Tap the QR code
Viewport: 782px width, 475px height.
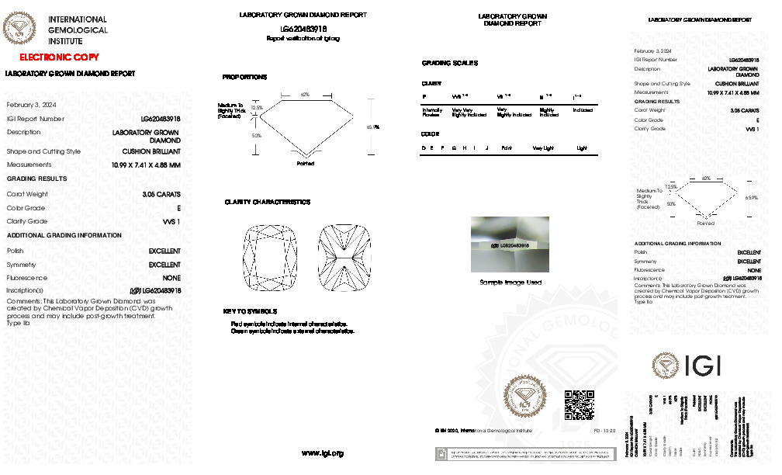click(578, 404)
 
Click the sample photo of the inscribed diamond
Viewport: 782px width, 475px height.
click(510, 244)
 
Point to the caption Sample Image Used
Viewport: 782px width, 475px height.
click(510, 283)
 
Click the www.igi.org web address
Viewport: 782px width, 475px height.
click(322, 452)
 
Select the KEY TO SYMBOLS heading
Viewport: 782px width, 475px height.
click(245, 311)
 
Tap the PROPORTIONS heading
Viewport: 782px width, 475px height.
click(244, 78)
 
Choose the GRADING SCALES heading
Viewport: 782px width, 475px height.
click(450, 63)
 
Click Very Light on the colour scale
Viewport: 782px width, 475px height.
click(543, 147)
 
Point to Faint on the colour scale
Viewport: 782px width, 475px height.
click(507, 147)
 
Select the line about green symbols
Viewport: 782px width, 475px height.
click(292, 331)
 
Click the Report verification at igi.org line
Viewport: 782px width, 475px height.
click(303, 37)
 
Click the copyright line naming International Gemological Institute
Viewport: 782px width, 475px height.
click(484, 430)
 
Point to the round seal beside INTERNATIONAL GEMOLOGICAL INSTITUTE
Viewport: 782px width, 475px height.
click(20, 30)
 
